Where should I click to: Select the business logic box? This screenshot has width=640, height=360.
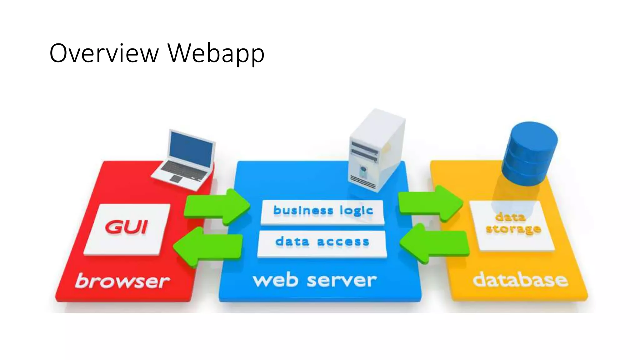[x=322, y=212]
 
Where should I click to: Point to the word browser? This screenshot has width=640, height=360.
[x=122, y=281]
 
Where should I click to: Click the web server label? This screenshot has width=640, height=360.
[x=315, y=280]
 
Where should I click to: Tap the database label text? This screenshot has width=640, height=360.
[x=520, y=280]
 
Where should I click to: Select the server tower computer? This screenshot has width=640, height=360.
[x=377, y=150]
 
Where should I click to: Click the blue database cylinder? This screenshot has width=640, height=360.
[x=530, y=153]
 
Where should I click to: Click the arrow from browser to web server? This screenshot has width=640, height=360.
[x=217, y=207]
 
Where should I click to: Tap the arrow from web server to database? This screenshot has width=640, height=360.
[x=430, y=203]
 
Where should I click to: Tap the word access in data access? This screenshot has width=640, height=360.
[x=343, y=242]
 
